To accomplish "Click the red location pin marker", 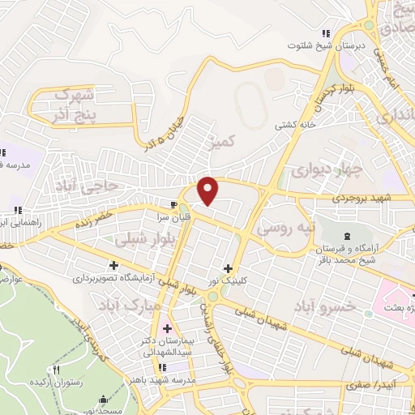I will click(x=208, y=190).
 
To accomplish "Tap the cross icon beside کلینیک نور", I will click(x=228, y=268).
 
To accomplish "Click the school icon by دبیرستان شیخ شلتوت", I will click(x=325, y=33).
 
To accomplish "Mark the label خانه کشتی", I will click(x=296, y=125).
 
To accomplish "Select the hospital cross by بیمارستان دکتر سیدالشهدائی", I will click(x=167, y=328).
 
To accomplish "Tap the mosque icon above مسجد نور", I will click(x=102, y=399).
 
